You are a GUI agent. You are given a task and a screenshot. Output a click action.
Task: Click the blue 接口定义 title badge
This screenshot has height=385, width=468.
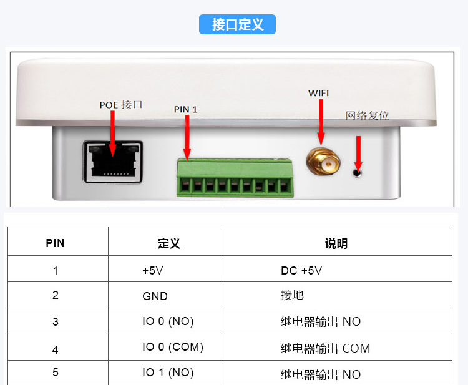(237, 24)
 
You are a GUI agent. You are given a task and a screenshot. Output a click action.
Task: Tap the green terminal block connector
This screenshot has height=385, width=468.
(235, 178)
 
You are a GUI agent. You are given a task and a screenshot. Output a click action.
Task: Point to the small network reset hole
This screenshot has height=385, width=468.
(358, 172)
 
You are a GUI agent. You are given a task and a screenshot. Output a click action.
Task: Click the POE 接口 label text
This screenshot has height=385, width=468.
(121, 105)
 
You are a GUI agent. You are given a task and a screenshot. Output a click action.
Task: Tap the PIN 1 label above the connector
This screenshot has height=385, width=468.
(185, 110)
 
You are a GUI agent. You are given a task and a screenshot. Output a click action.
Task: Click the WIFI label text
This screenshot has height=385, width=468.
(319, 93)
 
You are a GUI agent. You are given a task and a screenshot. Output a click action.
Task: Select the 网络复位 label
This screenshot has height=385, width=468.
(367, 115)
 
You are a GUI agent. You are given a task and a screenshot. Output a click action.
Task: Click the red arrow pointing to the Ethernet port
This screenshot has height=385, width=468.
(113, 134)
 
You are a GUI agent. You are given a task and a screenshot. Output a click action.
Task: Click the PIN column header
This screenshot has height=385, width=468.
(56, 243)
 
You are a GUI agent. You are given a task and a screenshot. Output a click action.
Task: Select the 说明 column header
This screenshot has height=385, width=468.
(336, 243)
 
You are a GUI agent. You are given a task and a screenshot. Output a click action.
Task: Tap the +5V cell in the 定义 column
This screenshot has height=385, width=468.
(154, 271)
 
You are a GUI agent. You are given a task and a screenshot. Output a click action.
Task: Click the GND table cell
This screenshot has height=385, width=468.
(155, 296)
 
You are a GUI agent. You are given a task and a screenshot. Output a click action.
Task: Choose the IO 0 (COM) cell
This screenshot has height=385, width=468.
(173, 347)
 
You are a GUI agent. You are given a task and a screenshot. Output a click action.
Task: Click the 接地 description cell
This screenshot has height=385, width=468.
(293, 295)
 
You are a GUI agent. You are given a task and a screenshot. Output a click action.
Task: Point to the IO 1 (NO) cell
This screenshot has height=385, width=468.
(168, 373)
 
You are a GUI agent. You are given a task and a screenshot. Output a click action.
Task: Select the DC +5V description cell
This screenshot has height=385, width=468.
(302, 271)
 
